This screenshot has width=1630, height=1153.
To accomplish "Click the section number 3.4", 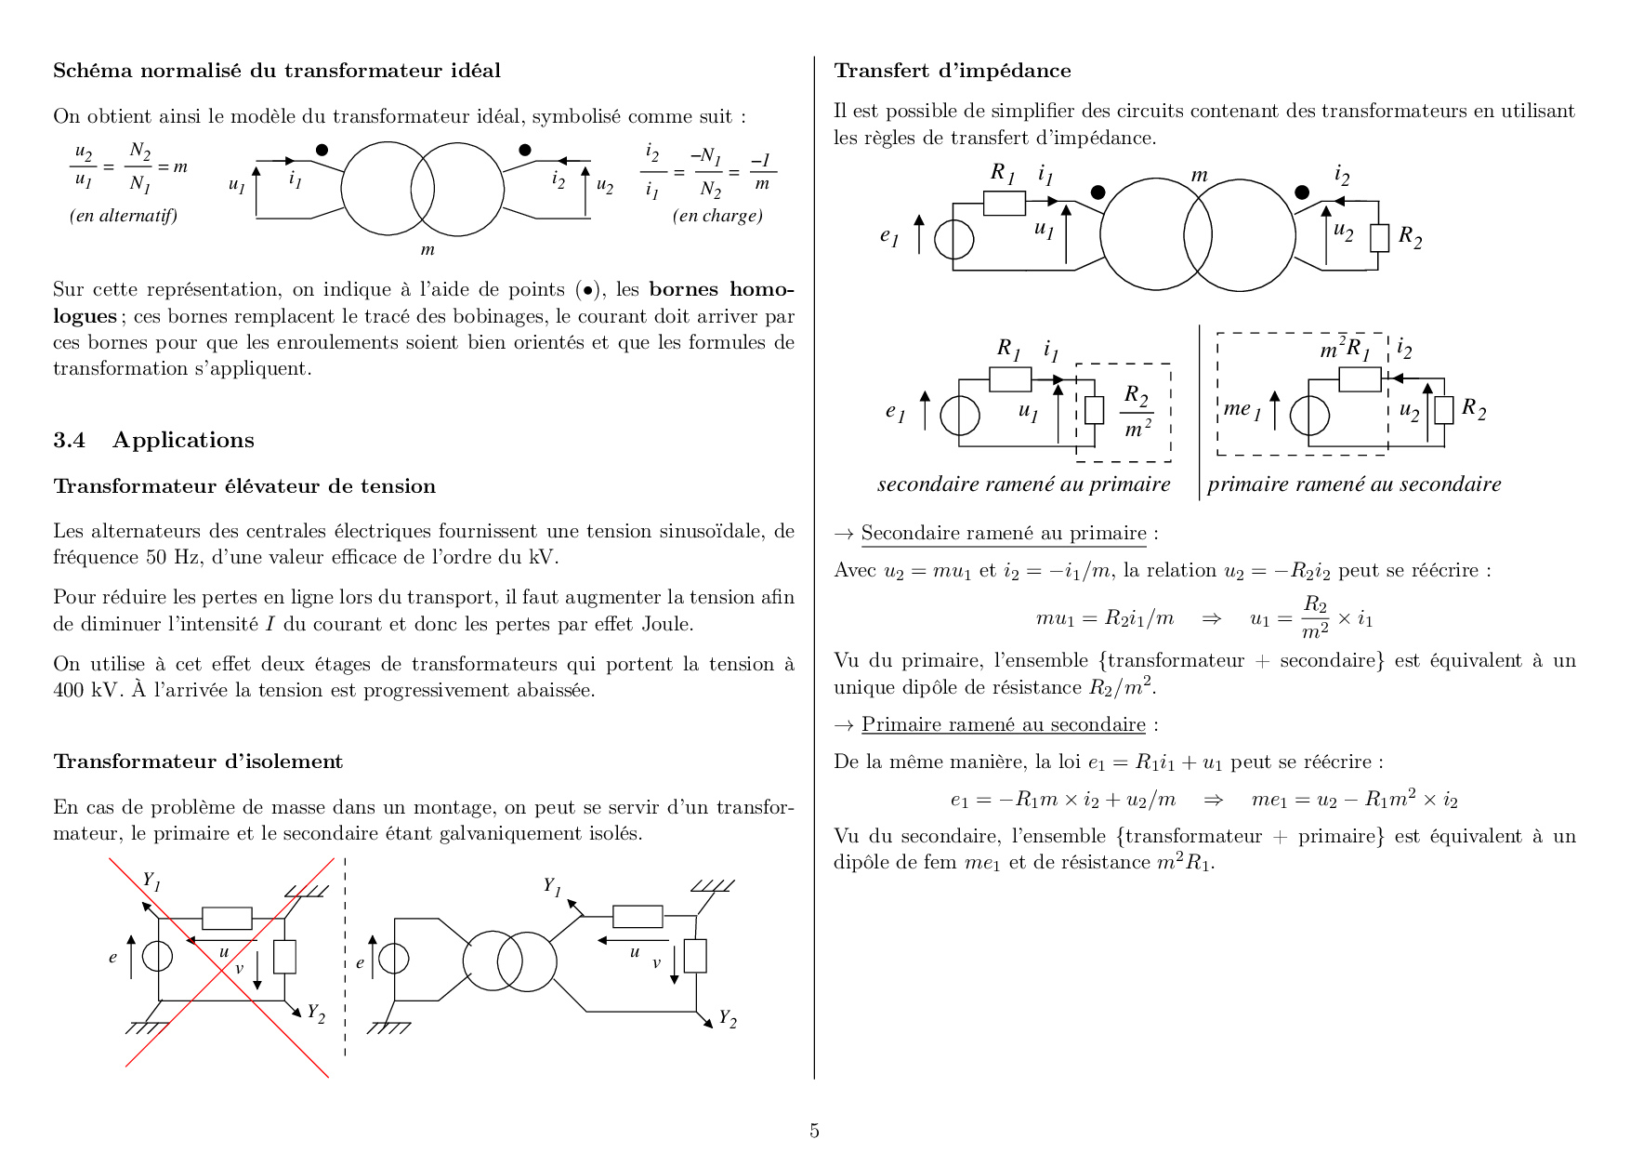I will (x=69, y=440).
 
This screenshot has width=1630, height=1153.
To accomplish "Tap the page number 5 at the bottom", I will (x=814, y=1131).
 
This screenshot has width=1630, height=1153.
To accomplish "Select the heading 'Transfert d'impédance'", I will (x=952, y=71).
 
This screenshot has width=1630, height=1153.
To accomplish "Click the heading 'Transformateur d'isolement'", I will (x=198, y=762).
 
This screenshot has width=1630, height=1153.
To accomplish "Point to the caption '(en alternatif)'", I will (x=124, y=216).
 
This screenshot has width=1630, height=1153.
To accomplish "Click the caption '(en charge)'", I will (x=717, y=216).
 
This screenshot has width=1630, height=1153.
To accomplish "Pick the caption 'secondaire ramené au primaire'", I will (x=1023, y=484).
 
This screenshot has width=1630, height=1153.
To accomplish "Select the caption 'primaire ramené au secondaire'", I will (x=1354, y=484).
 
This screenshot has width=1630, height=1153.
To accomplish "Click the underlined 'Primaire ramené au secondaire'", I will (x=1003, y=724).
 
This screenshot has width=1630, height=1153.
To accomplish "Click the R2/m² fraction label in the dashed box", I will (x=1137, y=411).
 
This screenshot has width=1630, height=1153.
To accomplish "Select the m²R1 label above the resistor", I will (x=1345, y=350).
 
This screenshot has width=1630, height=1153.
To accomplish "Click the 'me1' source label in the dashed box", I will (x=1242, y=409).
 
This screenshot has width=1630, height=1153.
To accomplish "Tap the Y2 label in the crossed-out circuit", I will (x=316, y=1013).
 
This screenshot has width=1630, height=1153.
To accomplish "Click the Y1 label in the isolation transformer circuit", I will (x=552, y=886).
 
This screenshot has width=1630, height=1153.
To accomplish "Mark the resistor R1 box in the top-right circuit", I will (x=1004, y=203).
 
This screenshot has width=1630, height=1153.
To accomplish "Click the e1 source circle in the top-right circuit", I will (x=953, y=240).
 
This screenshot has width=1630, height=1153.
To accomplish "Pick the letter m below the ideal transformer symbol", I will (x=427, y=249).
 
